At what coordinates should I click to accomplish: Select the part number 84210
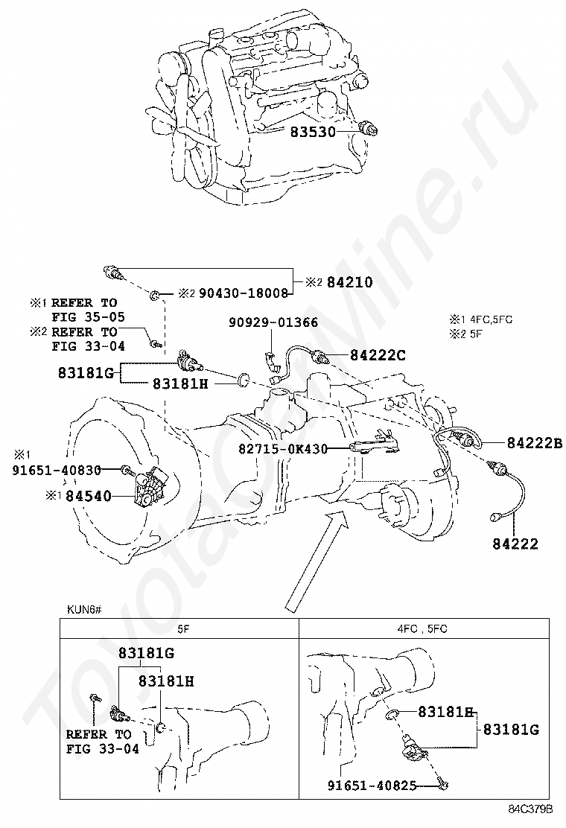(347, 283)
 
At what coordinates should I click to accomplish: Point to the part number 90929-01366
(273, 322)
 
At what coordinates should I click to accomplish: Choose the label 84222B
(535, 442)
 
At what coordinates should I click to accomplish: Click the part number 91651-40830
(57, 471)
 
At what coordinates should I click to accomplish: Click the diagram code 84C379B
(531, 809)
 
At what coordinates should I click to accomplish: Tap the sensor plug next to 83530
(369, 128)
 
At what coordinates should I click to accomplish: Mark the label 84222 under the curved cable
(515, 544)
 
